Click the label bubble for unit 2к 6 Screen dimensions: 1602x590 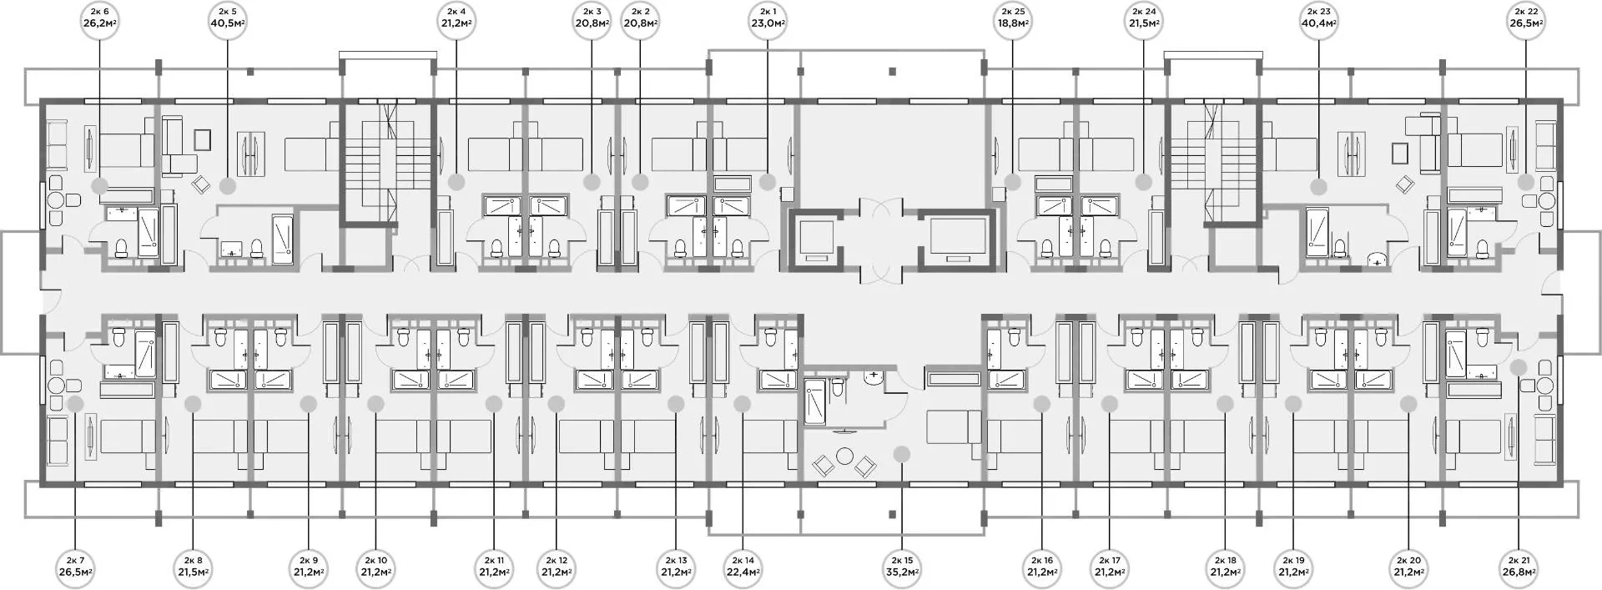click(100, 18)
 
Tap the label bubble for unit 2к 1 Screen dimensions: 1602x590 click(768, 18)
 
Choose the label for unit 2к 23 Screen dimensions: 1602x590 click(1318, 18)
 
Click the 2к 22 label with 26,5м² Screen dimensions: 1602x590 click(1526, 18)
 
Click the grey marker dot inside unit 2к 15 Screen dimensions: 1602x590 click(901, 454)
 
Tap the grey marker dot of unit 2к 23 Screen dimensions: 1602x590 click(1318, 186)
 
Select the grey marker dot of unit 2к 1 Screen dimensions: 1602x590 click(768, 181)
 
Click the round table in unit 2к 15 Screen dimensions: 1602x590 click(844, 456)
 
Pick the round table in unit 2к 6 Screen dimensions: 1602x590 click(57, 201)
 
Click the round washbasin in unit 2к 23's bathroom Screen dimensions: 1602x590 click(1376, 260)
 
